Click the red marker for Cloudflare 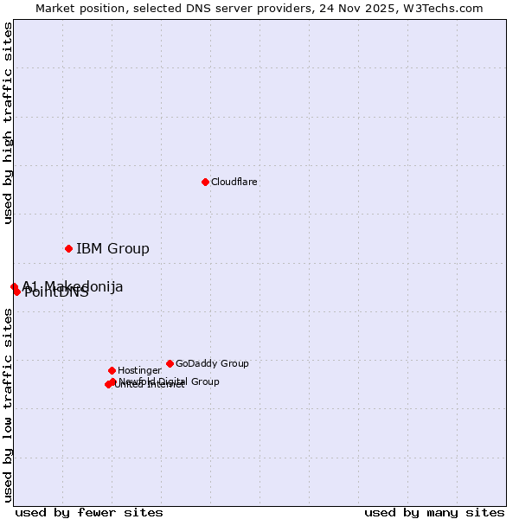pyautogui.click(x=205, y=182)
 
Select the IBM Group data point pyautogui.click(x=68, y=248)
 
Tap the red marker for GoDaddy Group pyautogui.click(x=170, y=363)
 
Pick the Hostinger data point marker pyautogui.click(x=112, y=370)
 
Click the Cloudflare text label pyautogui.click(x=234, y=182)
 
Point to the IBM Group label pyautogui.click(x=112, y=249)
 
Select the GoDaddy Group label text pyautogui.click(x=212, y=363)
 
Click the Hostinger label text pyautogui.click(x=139, y=370)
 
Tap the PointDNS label pyautogui.click(x=57, y=293)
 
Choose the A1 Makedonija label pyautogui.click(x=74, y=286)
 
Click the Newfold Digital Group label pyautogui.click(x=170, y=381)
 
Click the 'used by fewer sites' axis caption pyautogui.click(x=89, y=512)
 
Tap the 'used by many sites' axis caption pyautogui.click(x=434, y=512)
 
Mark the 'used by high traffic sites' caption pyautogui.click(x=8, y=123)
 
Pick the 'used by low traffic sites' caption pyautogui.click(x=8, y=405)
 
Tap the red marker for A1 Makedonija pyautogui.click(x=14, y=286)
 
